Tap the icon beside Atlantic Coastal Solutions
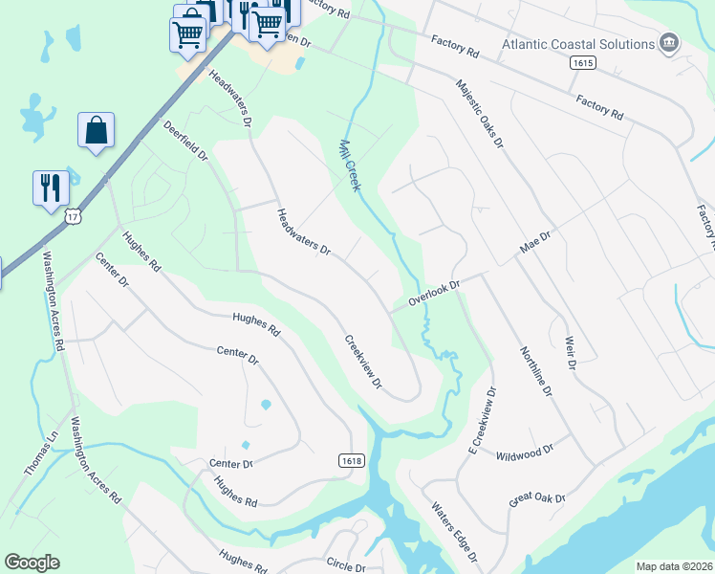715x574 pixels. tap(669, 43)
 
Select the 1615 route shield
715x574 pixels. tap(582, 63)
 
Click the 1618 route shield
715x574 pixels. tap(351, 461)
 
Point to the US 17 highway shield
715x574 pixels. tap(74, 217)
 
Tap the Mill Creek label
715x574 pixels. tap(350, 166)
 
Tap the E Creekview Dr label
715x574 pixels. tap(482, 420)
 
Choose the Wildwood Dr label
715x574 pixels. tap(525, 450)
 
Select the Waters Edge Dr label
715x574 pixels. tap(454, 532)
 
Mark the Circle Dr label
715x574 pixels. tap(345, 565)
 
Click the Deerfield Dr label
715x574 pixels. tap(185, 141)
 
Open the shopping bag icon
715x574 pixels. tap(97, 131)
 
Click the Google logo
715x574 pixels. tap(32, 563)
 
